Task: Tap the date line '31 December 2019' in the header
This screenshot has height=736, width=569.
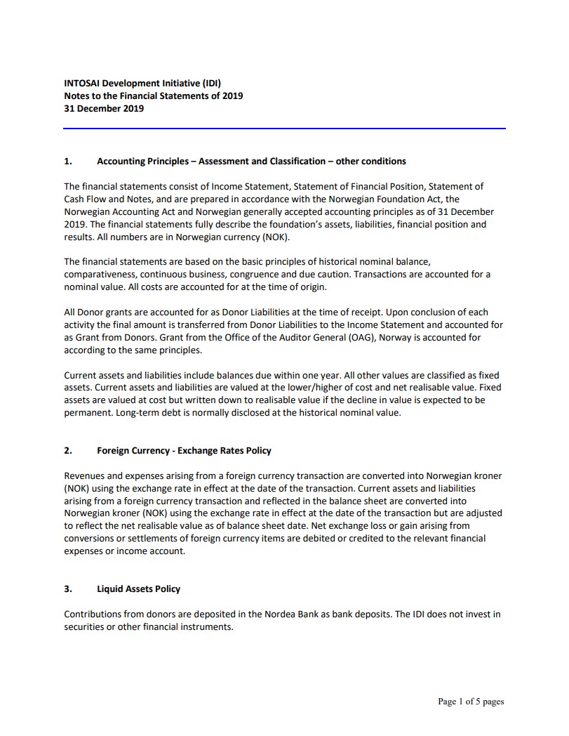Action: pos(104,108)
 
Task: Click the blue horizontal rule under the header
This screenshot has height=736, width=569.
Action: pos(284,129)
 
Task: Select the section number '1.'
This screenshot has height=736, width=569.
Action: pos(68,161)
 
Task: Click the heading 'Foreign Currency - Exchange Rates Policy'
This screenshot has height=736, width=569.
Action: pos(184,450)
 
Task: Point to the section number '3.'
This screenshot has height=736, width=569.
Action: pos(68,589)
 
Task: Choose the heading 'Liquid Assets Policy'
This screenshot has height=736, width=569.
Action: pos(138,589)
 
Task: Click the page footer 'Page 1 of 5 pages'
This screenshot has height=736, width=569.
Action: pos(471,701)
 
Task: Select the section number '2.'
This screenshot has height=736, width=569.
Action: pos(68,450)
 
